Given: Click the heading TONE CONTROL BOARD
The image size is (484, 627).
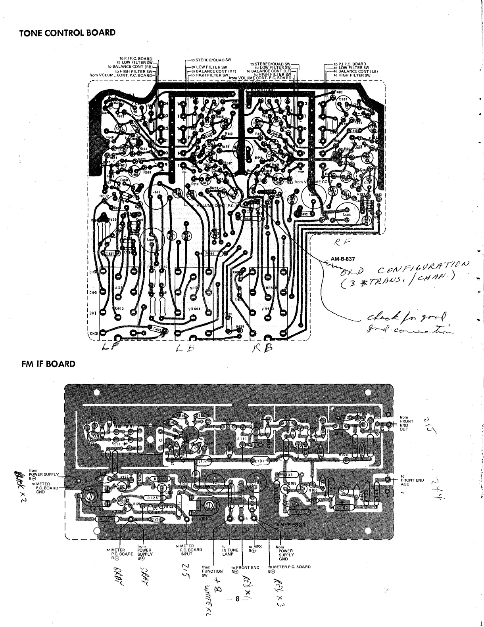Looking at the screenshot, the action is [67, 33].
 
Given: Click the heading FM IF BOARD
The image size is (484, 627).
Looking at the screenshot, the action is [48, 364].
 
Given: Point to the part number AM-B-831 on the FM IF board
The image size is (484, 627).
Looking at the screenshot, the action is [297, 525].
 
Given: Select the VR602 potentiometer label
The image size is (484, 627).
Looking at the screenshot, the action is [118, 309].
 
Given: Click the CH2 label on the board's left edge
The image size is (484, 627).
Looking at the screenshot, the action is [93, 272].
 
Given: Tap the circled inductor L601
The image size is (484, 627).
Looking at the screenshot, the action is [151, 239].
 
